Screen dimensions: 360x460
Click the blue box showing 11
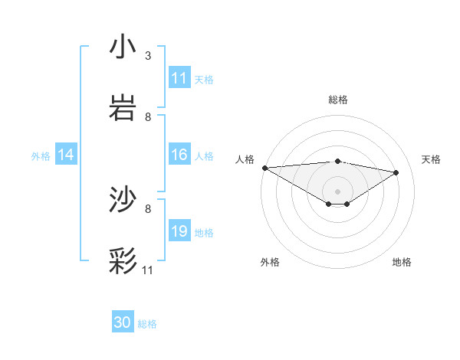point(179,78)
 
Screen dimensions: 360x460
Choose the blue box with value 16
point(179,155)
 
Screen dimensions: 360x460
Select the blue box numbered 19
point(179,231)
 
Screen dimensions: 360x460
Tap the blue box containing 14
point(66,155)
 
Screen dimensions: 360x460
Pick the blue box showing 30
point(123,323)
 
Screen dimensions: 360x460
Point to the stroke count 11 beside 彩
point(148,270)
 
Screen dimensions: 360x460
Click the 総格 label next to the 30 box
point(147,324)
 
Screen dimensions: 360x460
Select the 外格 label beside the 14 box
point(41,155)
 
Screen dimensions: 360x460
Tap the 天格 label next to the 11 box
point(204,79)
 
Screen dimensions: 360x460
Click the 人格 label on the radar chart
point(245,159)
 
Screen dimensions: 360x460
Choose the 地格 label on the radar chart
point(402,262)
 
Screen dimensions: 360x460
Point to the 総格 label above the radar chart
point(338,100)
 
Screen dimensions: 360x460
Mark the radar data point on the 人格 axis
point(264,168)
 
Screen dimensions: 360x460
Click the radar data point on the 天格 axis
point(396,172)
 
